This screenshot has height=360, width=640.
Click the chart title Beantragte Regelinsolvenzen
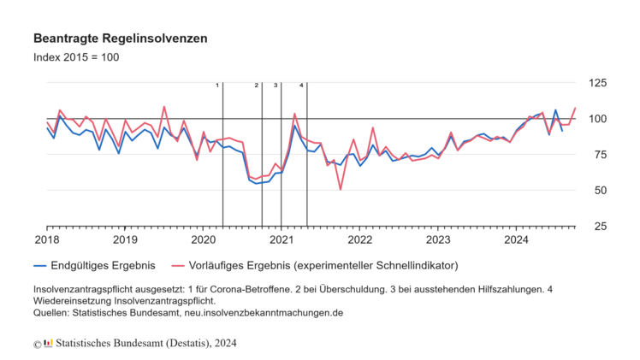tap(120, 39)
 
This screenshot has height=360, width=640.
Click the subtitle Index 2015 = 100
tap(76, 57)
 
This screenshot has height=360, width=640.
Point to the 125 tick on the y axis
tap(597, 82)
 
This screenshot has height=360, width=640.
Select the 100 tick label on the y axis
tap(597, 118)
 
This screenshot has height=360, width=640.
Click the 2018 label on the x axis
tap(46, 239)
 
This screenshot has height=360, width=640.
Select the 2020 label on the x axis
tap(203, 239)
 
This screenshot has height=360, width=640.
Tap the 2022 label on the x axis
tap(360, 239)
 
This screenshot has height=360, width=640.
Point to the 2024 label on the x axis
tap(517, 239)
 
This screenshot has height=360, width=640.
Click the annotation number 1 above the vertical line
tap(217, 86)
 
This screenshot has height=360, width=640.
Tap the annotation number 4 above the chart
tap(301, 86)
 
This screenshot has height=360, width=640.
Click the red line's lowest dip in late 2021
tap(341, 189)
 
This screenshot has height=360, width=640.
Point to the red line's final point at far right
tap(575, 109)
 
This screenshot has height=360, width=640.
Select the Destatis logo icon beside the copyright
tap(48, 344)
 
